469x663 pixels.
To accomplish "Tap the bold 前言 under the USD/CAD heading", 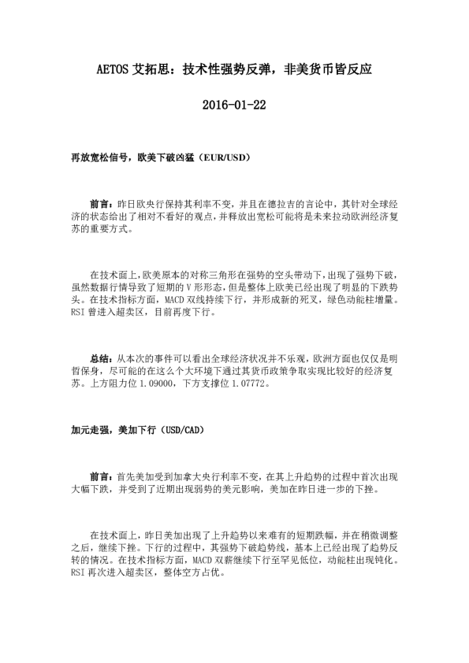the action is pyautogui.click(x=100, y=476).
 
